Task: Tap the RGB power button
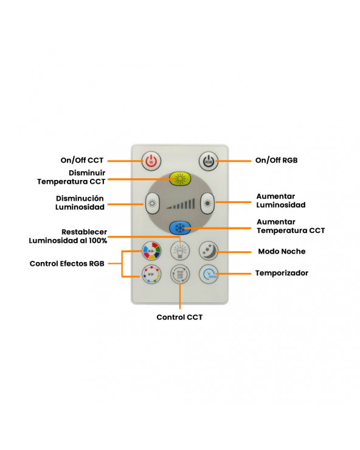209,161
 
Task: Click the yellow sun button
180,179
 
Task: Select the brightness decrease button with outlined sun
152,204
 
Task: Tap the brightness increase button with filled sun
207,204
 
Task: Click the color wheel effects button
151,251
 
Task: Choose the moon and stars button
209,251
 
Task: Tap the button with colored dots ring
151,274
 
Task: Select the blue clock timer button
209,274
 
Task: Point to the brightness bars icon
181,204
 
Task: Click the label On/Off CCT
82,160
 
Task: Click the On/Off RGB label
277,160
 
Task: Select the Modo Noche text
282,251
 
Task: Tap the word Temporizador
282,273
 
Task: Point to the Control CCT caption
179,317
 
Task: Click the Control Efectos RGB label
67,263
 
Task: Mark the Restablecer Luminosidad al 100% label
68,236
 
